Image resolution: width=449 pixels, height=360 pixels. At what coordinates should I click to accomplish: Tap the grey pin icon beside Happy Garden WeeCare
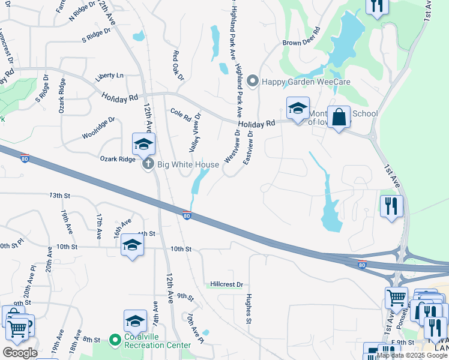[253, 80]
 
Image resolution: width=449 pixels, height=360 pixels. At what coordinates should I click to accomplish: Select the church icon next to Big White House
[148, 164]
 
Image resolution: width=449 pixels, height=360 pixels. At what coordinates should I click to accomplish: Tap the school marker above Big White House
[144, 144]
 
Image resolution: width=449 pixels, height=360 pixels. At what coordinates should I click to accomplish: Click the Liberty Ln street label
[109, 76]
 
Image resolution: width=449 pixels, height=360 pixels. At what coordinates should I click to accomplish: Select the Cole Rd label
[180, 113]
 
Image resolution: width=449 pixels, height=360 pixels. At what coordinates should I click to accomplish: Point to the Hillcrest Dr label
[226, 284]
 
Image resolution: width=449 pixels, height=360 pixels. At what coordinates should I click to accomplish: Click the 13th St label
[60, 196]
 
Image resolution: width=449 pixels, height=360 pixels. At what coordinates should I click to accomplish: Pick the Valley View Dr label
[195, 134]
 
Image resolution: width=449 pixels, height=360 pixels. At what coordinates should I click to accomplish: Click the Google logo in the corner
[20, 353]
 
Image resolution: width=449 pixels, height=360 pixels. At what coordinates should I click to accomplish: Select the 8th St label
[91, 340]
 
